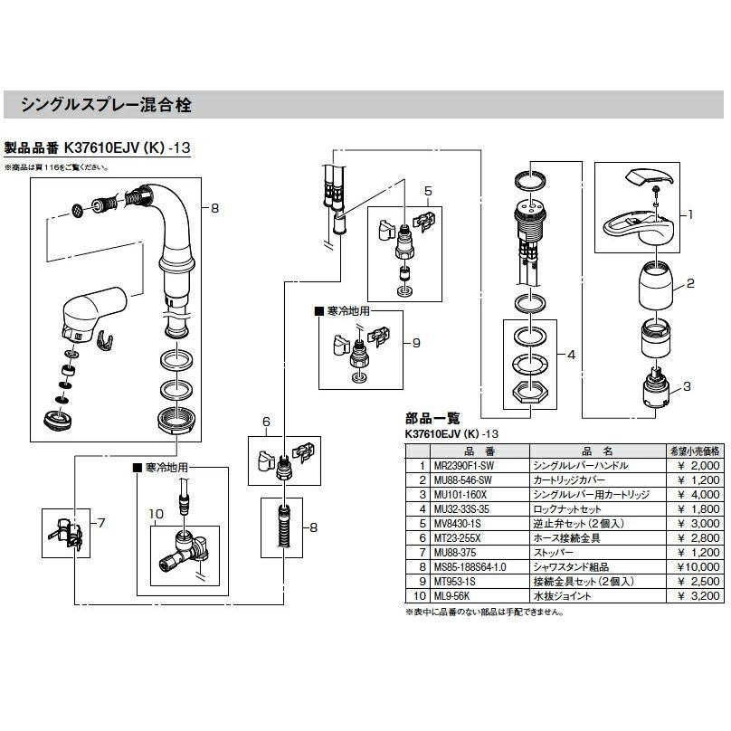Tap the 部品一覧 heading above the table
click(433, 418)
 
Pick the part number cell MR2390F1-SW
click(460, 465)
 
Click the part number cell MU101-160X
click(460, 496)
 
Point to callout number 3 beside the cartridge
click(688, 386)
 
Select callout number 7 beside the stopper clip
click(100, 523)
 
